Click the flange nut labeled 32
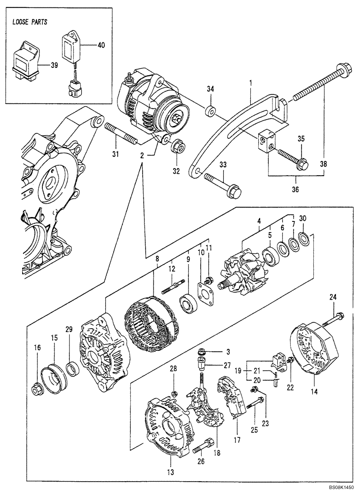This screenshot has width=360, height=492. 177,147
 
